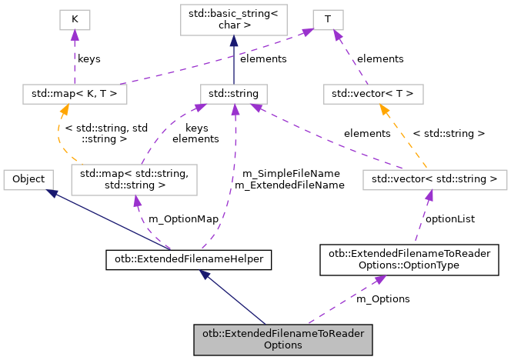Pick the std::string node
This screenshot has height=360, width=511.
[x=233, y=94]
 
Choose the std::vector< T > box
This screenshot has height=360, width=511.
[x=372, y=94]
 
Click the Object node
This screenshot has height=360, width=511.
[x=28, y=179]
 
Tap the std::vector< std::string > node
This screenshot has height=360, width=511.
[x=436, y=180]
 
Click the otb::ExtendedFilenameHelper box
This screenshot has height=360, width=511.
[x=189, y=260]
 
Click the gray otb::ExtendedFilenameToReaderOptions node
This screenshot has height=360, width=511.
[x=282, y=338]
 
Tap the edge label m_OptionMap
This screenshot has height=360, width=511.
[x=183, y=218]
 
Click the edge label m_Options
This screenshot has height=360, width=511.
[x=382, y=298]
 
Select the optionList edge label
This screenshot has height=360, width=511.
[x=450, y=218]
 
